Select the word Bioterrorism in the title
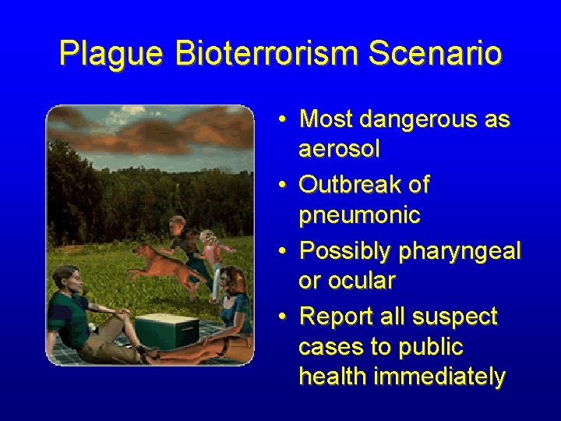coord(266,54)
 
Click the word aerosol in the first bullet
coord(339,149)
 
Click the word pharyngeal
coord(460,251)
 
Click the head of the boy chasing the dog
coord(177,225)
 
